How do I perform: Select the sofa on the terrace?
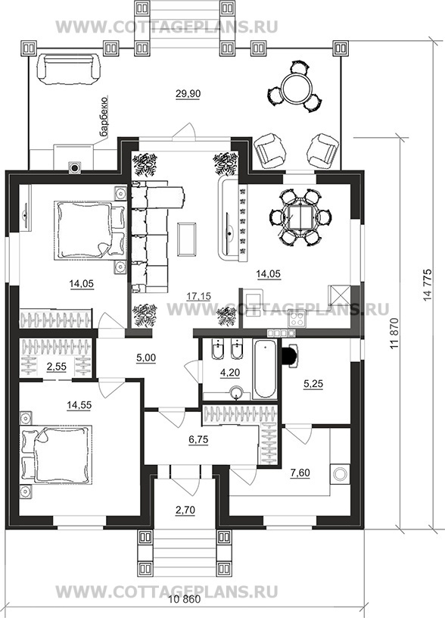coord(68,69)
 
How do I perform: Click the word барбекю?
coord(104,117)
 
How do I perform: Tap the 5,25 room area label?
coord(313,383)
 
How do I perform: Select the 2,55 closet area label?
coord(56,367)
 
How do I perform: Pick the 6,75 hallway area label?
coord(198,439)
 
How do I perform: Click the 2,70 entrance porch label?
coord(185,510)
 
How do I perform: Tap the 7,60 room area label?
coord(300,473)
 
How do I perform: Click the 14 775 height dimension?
coord(428,285)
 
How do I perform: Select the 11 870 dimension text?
coord(397,333)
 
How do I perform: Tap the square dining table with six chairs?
coord(300,217)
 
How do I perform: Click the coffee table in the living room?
coord(187,239)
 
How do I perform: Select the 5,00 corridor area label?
coord(146,358)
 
